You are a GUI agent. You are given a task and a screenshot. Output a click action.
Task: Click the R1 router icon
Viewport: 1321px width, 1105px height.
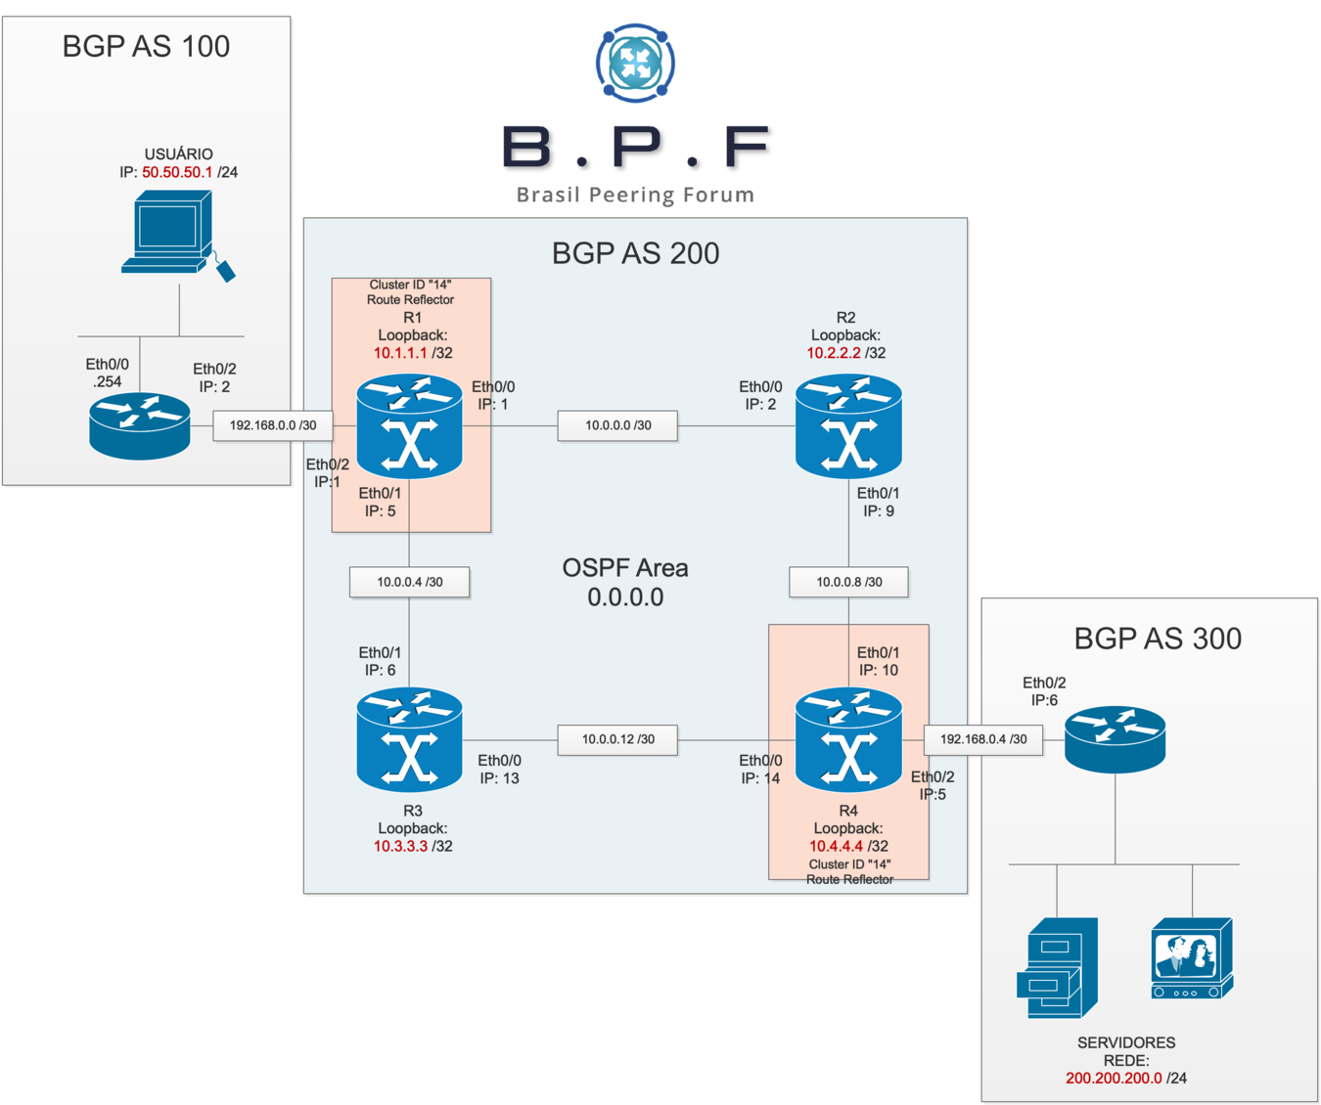(x=409, y=425)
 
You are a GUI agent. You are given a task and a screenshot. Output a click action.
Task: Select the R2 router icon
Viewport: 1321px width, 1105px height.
(x=848, y=425)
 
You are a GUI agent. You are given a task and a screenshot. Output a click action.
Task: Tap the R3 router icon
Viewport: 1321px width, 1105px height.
(x=409, y=739)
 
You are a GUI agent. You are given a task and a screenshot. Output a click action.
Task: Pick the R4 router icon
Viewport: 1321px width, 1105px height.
(x=848, y=739)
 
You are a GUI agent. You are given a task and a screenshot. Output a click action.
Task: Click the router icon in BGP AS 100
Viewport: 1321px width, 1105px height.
(x=140, y=425)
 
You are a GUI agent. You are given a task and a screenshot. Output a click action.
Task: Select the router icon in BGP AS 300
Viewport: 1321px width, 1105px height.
(x=1115, y=739)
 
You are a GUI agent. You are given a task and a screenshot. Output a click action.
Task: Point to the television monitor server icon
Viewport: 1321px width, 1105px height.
(x=1192, y=958)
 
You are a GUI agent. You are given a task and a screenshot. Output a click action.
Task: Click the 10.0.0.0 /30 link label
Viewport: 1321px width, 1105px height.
(x=617, y=425)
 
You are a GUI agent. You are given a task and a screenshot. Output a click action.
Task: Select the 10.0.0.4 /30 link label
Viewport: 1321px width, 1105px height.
(x=409, y=582)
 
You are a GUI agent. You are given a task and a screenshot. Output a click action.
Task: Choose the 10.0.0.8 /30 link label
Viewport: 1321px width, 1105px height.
(x=848, y=582)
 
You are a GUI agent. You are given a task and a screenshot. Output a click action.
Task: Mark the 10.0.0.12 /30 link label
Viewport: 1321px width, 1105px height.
(x=617, y=739)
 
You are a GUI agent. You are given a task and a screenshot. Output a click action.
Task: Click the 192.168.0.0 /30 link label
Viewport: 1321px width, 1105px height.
(x=273, y=425)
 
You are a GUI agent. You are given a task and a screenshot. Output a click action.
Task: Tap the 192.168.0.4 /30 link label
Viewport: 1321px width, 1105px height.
(x=983, y=739)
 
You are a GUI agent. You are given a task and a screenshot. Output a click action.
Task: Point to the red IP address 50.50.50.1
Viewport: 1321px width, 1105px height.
(x=177, y=172)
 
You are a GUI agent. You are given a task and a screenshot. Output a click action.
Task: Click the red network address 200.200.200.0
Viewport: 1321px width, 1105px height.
(x=1114, y=1078)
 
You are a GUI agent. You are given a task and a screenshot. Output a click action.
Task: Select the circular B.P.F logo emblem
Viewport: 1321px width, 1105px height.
(x=635, y=63)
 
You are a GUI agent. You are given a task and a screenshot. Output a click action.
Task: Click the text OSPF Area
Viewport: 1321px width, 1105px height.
(x=625, y=568)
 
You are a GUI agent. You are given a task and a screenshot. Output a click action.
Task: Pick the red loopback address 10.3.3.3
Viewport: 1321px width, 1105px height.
(x=400, y=846)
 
